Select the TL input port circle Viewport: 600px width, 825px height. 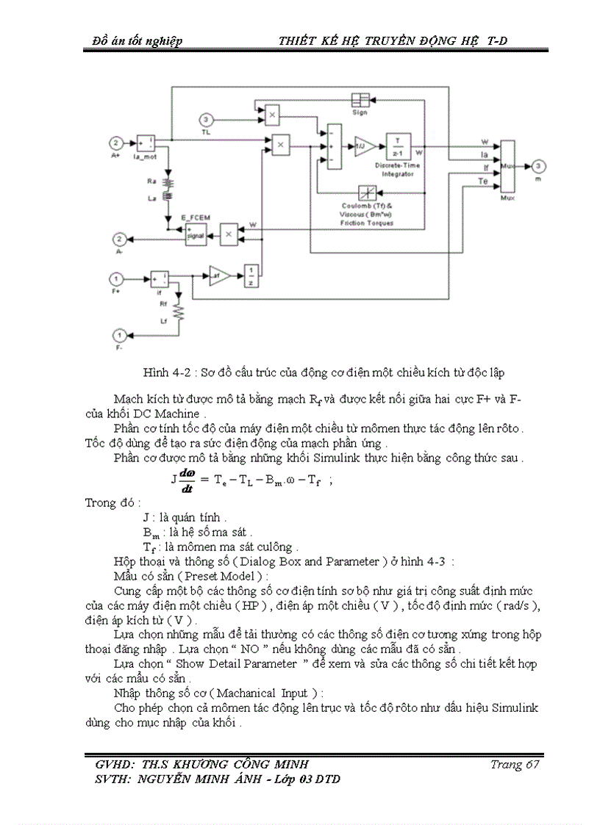207,120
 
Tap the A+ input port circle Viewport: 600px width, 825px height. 115,143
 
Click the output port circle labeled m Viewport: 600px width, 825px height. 539,166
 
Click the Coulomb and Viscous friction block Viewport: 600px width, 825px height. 367,193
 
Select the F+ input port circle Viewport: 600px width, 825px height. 115,278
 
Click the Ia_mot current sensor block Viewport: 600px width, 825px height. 145,143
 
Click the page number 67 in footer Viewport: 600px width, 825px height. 524,764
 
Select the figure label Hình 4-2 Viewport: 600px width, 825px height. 163,372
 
